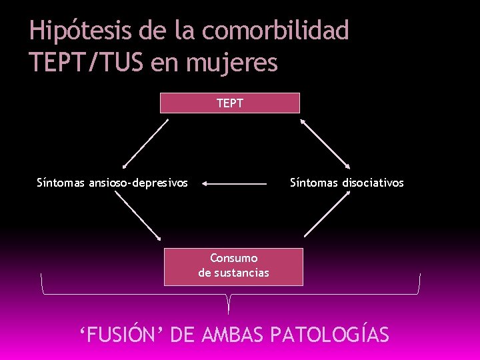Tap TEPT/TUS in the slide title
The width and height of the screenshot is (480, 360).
[x=87, y=63]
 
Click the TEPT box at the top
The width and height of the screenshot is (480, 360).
[x=230, y=103]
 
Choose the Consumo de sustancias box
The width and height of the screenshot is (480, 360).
[x=233, y=266]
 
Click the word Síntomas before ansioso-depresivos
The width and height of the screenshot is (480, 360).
[x=61, y=182]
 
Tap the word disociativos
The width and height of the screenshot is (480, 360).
[x=373, y=182]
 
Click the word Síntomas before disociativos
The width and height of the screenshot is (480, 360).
[x=314, y=182]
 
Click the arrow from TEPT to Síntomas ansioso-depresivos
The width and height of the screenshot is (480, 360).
[x=145, y=143]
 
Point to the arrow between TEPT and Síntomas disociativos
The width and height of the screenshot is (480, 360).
[x=325, y=143]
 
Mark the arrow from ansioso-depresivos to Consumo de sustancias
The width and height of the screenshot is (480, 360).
[x=138, y=216]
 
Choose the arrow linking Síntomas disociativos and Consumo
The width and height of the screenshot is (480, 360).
[x=327, y=214]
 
